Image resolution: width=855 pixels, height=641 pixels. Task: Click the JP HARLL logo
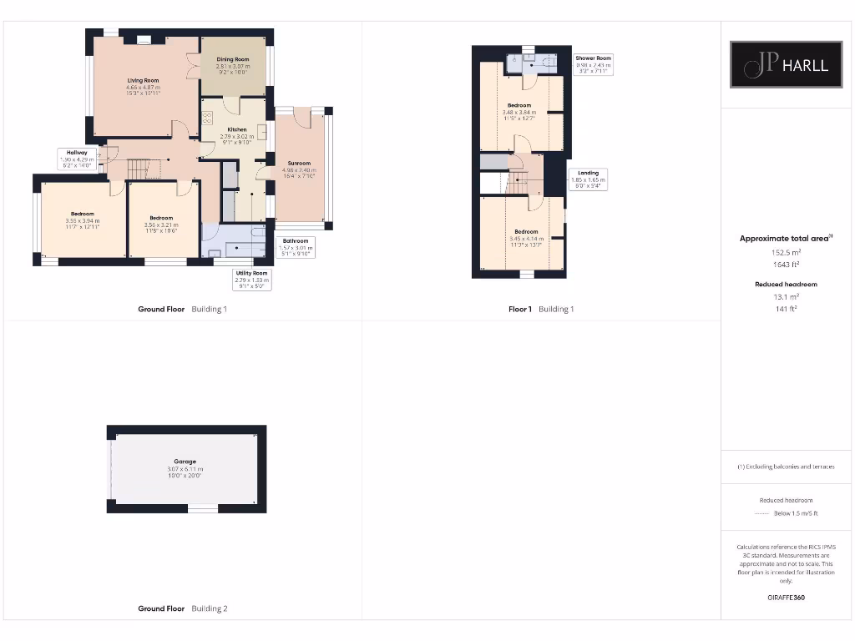(x=786, y=64)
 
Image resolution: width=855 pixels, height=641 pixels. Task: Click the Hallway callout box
(x=77, y=159)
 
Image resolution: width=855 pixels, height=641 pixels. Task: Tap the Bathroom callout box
(x=294, y=247)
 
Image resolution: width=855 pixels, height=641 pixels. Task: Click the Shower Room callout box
(x=594, y=64)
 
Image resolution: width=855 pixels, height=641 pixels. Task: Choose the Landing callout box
(x=588, y=179)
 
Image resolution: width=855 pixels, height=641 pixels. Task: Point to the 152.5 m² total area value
(x=785, y=252)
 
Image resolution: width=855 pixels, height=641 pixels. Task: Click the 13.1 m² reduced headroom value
(x=786, y=296)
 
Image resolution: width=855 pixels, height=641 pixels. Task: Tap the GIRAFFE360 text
(x=786, y=598)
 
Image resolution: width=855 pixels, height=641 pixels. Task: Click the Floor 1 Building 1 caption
(x=541, y=309)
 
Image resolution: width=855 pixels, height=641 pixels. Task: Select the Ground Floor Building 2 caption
(x=182, y=608)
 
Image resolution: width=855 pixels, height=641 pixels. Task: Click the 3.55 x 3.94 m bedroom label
(x=83, y=220)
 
